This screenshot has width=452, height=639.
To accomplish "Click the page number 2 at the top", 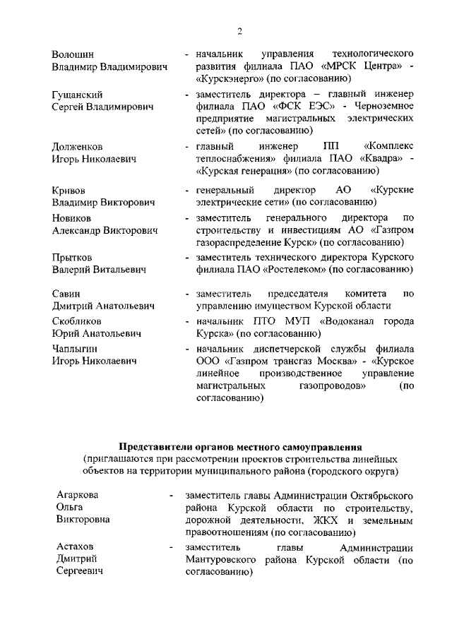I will pos(239,30).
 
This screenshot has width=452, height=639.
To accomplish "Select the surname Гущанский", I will pos(78,94).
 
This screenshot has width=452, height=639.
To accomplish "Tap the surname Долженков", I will pos(78,146).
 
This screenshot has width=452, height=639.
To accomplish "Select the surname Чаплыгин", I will pos(76,348).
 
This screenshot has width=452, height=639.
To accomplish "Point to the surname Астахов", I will pos(76,547).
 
